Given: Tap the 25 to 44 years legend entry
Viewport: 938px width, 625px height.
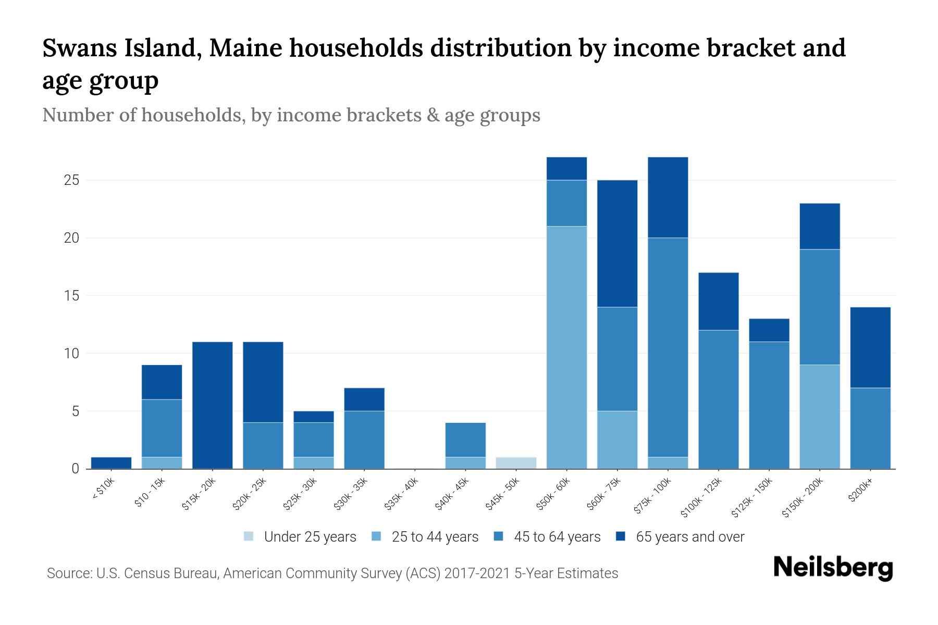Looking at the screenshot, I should coord(425,537).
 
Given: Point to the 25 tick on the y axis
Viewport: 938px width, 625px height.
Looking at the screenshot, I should coord(71,181).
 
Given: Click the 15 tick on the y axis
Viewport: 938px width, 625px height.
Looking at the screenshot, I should coord(71,296).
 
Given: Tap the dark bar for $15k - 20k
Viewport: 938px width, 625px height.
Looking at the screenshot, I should coord(213,405).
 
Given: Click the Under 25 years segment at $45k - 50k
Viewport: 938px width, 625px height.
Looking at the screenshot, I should coord(516,463).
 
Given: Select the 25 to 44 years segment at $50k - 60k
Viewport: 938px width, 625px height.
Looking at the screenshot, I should coord(566,347).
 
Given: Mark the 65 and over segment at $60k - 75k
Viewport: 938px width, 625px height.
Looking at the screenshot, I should coord(617,244).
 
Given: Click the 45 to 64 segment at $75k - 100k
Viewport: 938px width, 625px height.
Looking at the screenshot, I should coord(668,347).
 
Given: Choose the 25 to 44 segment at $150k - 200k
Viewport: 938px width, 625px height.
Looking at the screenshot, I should coord(820,417).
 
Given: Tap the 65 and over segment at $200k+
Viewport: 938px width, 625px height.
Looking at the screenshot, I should coord(870,347).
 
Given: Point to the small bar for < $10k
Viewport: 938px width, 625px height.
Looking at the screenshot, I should coord(111,463).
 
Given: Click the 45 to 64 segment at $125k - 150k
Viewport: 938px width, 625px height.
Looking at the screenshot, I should coord(769,405).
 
